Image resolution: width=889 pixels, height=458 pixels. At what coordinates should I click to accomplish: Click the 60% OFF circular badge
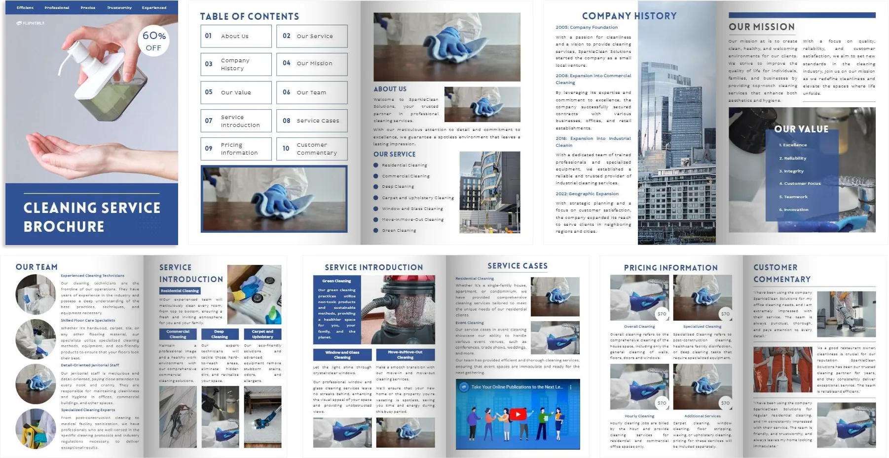154,41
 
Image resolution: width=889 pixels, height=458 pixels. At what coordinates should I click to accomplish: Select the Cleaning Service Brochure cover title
92,217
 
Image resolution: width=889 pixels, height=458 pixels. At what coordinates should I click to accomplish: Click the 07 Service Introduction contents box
236,121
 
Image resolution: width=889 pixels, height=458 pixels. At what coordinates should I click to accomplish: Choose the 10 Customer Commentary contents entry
312,149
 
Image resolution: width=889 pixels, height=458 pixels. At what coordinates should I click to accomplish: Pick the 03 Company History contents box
236,64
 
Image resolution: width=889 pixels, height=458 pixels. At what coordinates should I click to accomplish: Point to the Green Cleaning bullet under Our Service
399,230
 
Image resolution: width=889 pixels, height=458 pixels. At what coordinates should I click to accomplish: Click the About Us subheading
390,89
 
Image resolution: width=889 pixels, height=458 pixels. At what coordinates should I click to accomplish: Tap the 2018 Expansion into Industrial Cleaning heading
593,142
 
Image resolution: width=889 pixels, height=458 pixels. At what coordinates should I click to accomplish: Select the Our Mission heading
762,27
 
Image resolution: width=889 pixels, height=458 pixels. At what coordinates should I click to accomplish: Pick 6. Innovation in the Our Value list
794,209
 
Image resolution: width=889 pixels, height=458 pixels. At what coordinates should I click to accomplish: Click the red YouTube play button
518,415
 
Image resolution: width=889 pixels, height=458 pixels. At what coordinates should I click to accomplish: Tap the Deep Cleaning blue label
220,334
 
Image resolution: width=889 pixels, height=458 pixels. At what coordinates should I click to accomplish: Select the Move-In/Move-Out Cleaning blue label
405,355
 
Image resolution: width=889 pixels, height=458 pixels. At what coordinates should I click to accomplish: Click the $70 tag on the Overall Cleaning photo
662,314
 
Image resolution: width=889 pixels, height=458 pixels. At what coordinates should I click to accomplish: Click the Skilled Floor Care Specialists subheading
88,320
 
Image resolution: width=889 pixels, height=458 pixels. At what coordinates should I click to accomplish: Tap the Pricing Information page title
670,268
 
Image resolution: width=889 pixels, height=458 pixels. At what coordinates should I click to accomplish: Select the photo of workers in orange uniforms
782,370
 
